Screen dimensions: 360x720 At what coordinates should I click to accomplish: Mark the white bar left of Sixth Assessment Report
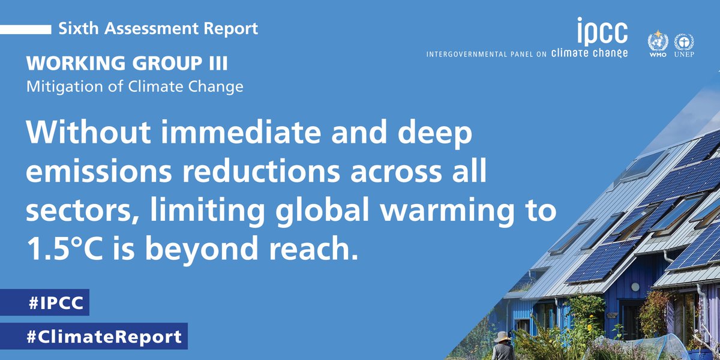pos(25,29)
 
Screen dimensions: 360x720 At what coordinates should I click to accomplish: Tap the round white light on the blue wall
pos(635,287)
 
